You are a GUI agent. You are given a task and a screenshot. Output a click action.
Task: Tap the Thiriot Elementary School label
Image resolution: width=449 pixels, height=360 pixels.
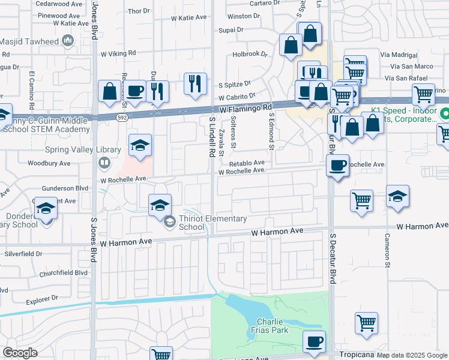point(205,223)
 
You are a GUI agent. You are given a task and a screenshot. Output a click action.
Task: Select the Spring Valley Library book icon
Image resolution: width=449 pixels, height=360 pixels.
point(104,163)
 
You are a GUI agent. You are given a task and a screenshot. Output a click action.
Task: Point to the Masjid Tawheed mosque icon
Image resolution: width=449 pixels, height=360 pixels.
point(67,41)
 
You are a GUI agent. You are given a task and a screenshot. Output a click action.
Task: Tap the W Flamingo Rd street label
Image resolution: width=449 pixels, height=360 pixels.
point(246,109)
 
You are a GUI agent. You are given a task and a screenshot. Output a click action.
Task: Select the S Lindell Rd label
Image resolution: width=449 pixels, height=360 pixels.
point(212,137)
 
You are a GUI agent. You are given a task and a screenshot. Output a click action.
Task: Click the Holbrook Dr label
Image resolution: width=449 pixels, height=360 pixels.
point(250,54)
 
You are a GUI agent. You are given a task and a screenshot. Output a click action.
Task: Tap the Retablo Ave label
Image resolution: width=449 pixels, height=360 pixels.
point(246,163)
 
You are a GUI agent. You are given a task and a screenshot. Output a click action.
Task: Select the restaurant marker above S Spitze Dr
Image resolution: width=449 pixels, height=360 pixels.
point(195,84)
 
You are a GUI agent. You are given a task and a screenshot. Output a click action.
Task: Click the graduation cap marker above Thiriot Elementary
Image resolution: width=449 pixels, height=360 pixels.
point(160,205)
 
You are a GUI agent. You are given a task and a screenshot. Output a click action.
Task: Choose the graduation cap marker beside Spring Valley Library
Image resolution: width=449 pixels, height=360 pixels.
point(140,146)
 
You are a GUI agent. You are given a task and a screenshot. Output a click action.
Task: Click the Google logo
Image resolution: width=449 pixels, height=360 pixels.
point(20,352)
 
